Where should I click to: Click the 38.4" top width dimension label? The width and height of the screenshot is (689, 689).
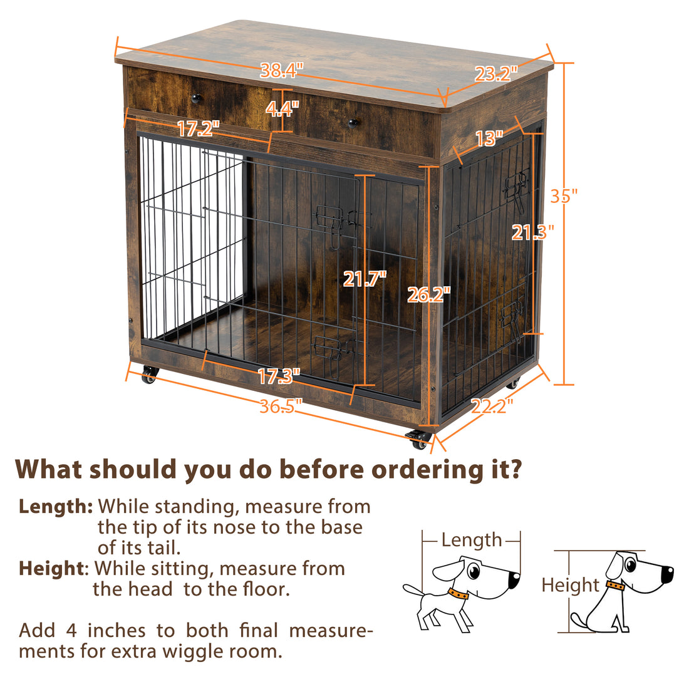point(282,71)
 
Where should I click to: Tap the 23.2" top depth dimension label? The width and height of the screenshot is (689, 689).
point(496,75)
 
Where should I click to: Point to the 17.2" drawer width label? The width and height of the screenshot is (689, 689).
point(198,129)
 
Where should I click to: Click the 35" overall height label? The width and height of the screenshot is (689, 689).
point(564,196)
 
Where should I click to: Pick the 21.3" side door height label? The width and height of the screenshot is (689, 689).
point(533,233)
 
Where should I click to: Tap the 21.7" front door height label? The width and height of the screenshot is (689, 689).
point(365,278)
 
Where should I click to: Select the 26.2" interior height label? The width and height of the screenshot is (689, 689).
point(428,294)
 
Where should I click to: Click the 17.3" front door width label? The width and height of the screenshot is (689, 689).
point(279,376)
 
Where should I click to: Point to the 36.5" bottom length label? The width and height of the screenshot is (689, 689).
point(281,406)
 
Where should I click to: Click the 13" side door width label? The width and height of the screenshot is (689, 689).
point(489,138)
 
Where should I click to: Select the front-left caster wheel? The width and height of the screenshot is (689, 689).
point(149,376)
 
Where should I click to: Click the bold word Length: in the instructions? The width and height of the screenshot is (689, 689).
point(56,506)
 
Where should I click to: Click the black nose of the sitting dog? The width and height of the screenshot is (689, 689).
point(668,572)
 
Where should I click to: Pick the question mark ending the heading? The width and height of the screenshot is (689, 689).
point(514,470)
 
